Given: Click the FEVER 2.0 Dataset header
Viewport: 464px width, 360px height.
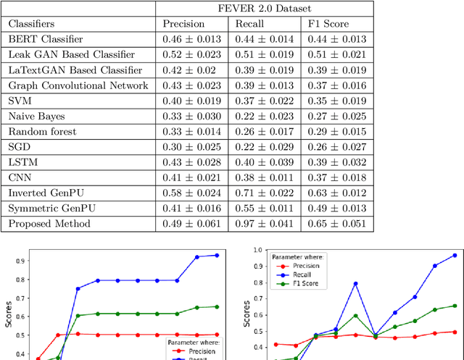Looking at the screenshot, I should [x=265, y=9].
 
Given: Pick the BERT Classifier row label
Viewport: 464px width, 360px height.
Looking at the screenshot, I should [x=45, y=39].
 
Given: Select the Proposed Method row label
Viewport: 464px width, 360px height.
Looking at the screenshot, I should [x=49, y=224].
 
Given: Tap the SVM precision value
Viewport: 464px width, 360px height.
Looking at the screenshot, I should [x=194, y=101].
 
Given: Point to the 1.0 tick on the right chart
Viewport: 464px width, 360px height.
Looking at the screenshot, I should [x=255, y=250].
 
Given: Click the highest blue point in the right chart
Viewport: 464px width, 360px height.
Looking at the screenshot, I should [x=455, y=255].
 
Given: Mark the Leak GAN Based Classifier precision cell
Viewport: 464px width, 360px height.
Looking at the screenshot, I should [x=194, y=55].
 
